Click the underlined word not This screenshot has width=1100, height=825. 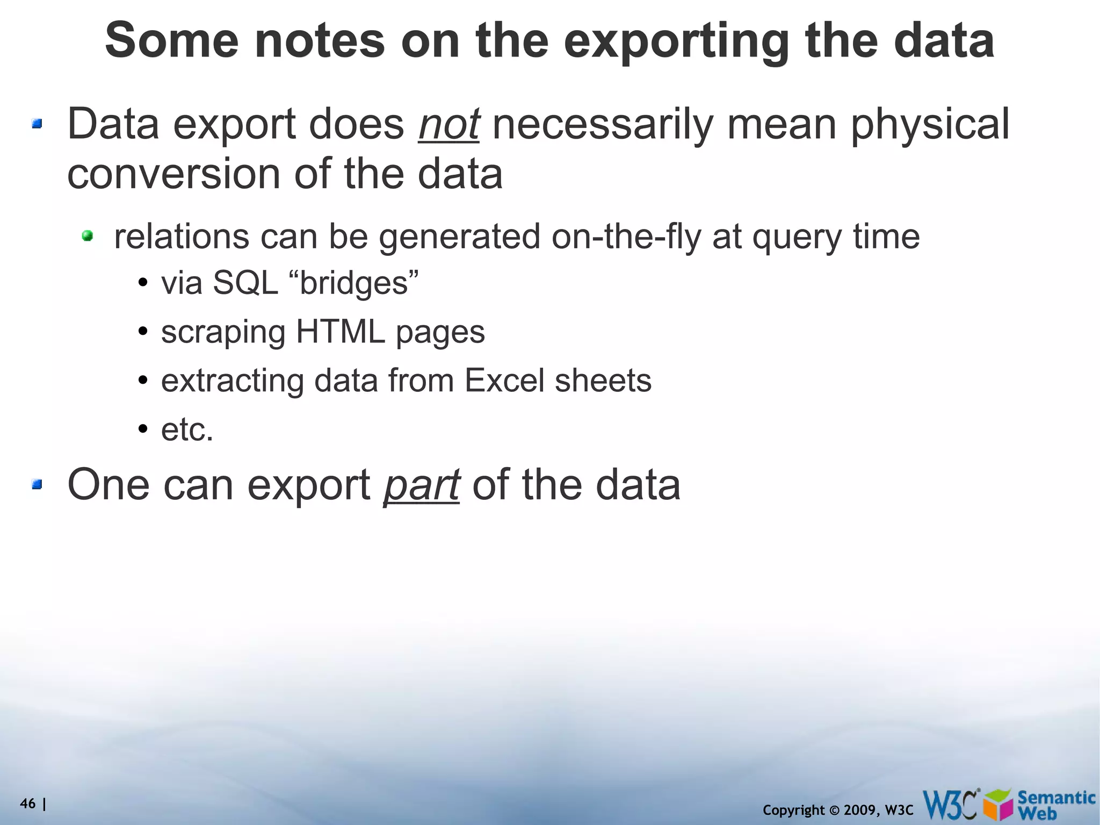448,124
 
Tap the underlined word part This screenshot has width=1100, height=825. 422,485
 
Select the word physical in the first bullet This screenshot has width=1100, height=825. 930,124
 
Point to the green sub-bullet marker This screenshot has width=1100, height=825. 88,235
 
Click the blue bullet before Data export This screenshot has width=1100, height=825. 37,125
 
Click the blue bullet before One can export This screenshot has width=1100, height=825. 37,485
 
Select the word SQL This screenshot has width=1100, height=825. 245,283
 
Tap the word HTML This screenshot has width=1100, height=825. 340,332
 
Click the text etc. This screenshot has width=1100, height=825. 187,430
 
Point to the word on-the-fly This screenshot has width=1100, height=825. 626,236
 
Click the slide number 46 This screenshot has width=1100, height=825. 27,804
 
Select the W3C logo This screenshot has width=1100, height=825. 950,805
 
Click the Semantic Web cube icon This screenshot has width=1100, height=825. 998,805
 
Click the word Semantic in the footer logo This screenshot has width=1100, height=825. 1056,797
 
